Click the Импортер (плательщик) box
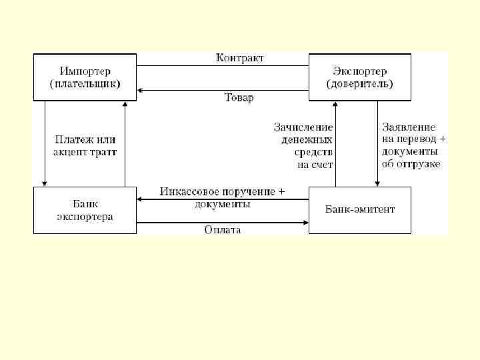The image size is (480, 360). point(85,77)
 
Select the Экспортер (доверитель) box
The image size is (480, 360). point(359,77)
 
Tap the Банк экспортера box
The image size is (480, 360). point(85,210)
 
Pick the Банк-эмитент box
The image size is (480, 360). point(359,210)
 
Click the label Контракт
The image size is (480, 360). point(239,58)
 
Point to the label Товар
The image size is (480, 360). point(238,98)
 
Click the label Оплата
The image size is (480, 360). point(223,230)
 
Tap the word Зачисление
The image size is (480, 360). point(303,127)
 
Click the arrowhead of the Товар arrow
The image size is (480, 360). point(141,89)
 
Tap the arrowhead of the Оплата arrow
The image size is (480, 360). point(305,221)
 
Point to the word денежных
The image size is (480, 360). point(304,139)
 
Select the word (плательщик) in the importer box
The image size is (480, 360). point(85,85)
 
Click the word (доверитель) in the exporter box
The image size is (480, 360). point(359,85)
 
